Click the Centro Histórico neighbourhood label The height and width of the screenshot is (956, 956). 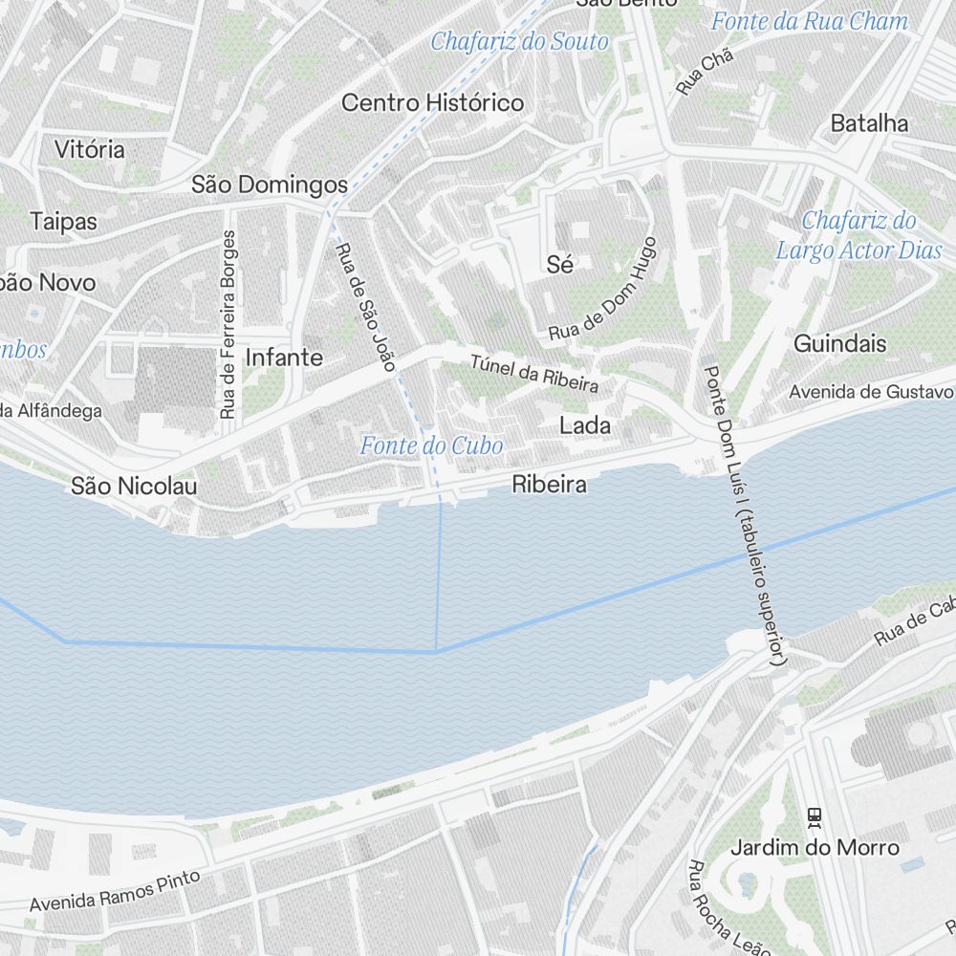pos(433,102)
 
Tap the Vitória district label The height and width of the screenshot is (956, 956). pos(90,149)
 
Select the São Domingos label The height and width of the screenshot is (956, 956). pos(270,184)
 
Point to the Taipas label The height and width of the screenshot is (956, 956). pos(64,221)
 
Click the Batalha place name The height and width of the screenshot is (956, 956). pos(869,123)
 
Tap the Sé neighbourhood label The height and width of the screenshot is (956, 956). pos(560,265)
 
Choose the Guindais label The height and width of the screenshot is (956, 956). pos(840,343)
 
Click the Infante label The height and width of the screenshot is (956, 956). pos(284,358)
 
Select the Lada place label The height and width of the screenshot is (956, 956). pos(585,425)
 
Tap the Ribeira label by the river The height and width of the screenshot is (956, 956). pos(549,485)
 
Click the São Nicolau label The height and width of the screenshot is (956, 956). pos(134,487)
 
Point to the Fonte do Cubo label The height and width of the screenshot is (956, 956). pos(431,445)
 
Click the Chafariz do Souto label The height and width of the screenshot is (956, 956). pos(519,41)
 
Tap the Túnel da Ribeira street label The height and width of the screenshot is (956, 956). pos(534,374)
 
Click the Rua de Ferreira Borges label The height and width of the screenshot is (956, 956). pos(228,325)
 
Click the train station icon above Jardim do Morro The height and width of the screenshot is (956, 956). pos(815,816)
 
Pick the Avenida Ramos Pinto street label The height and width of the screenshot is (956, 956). pos(115,890)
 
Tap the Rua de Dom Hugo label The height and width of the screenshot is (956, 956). pos(603,290)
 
